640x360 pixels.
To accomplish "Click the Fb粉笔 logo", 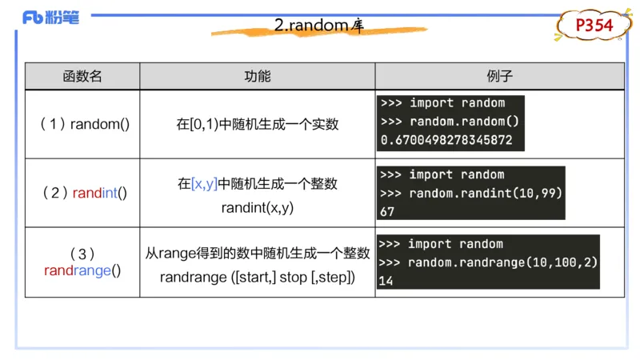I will [x=51, y=17].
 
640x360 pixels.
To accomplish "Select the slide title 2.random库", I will [x=319, y=26].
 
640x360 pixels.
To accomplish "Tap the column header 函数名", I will [x=82, y=76].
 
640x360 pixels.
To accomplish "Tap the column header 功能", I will [x=257, y=76].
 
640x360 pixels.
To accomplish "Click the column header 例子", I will [x=499, y=76].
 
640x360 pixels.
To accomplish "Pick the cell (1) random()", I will [x=83, y=124].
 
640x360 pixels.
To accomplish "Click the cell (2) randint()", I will [x=83, y=193].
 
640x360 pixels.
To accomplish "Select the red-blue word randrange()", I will [x=82, y=270].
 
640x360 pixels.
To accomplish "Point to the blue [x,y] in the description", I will [x=204, y=184].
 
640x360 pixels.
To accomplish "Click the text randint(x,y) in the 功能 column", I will [x=257, y=206].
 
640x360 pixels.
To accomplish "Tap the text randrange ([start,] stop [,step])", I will [x=257, y=278].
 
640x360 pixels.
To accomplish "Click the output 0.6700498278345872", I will [x=446, y=140].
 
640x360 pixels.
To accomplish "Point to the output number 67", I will [x=388, y=211].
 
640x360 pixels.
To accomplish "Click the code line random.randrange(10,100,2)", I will [x=502, y=262].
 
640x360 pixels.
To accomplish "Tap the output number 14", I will [x=386, y=281].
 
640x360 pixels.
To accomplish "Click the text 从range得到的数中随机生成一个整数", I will [x=257, y=254].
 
